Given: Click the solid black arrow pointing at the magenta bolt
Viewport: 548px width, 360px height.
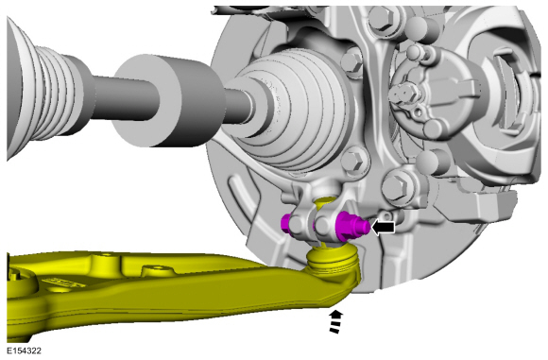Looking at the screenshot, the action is tap(384, 228).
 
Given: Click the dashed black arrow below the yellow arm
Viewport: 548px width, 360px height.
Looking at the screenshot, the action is tap(335, 321).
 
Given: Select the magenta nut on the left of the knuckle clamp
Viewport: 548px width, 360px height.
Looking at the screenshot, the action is tap(287, 223).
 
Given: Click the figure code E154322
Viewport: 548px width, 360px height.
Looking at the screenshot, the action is tap(25, 351).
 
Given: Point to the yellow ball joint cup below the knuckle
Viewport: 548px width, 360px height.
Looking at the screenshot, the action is tap(334, 261).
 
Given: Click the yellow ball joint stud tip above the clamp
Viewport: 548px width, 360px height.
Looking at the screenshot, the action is tap(324, 201).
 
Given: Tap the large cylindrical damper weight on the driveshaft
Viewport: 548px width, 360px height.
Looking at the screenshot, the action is tap(168, 101).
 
